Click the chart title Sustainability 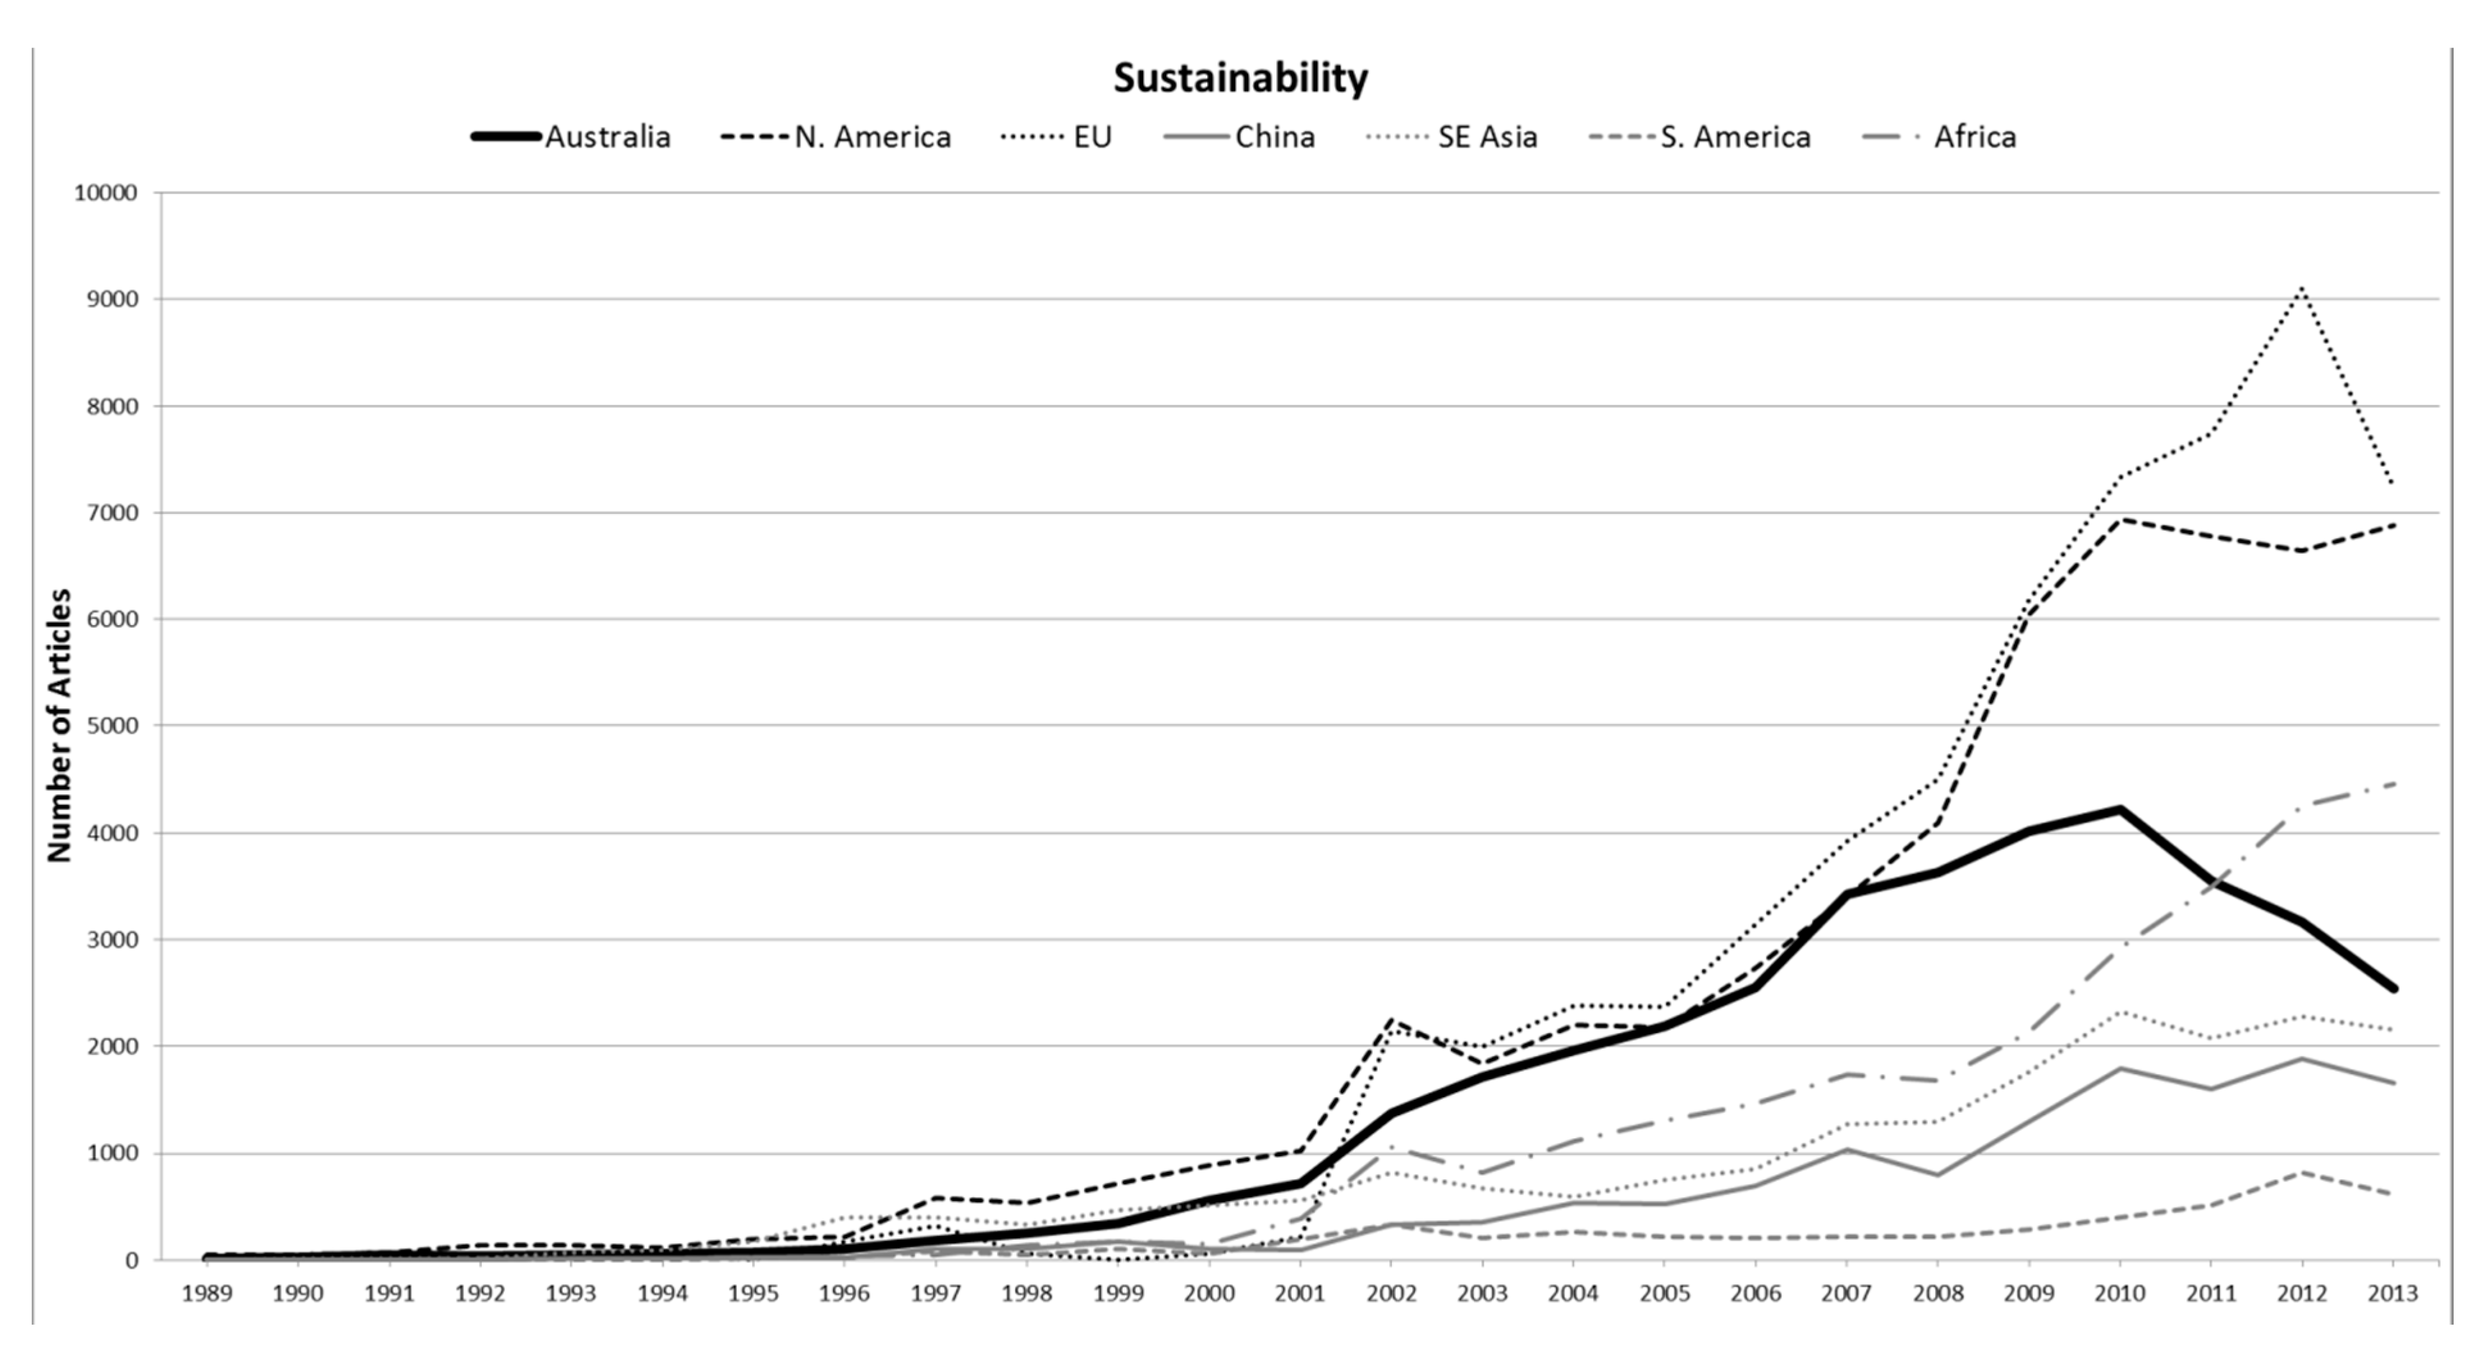[x=1240, y=78]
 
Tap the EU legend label [x=1093, y=137]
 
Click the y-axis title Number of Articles [x=60, y=725]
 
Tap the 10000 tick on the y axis [x=106, y=193]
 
